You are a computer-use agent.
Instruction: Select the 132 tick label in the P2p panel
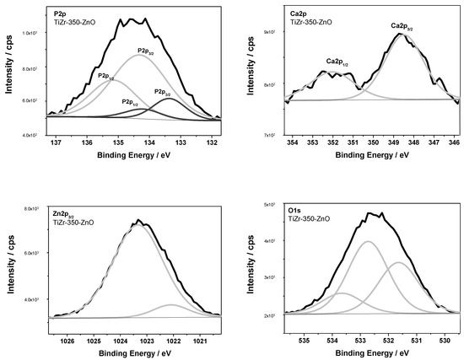click(212, 142)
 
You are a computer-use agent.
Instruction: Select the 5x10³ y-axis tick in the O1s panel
click(270, 205)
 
